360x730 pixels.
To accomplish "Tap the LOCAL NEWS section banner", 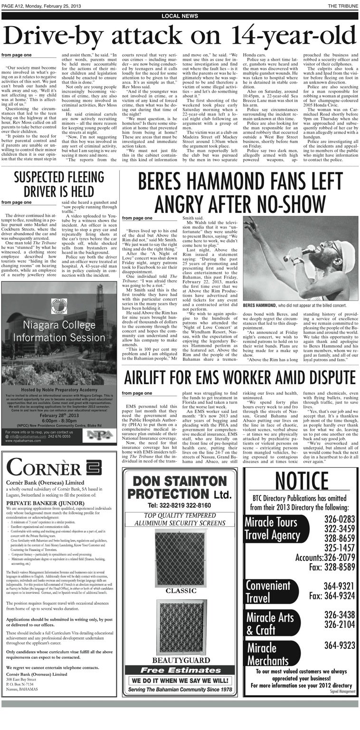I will coord(180,16).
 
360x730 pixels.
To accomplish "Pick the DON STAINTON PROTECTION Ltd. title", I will coord(180,486).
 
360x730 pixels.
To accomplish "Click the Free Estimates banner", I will coord(180,671).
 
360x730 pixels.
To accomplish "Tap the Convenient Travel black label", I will coord(269,591).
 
